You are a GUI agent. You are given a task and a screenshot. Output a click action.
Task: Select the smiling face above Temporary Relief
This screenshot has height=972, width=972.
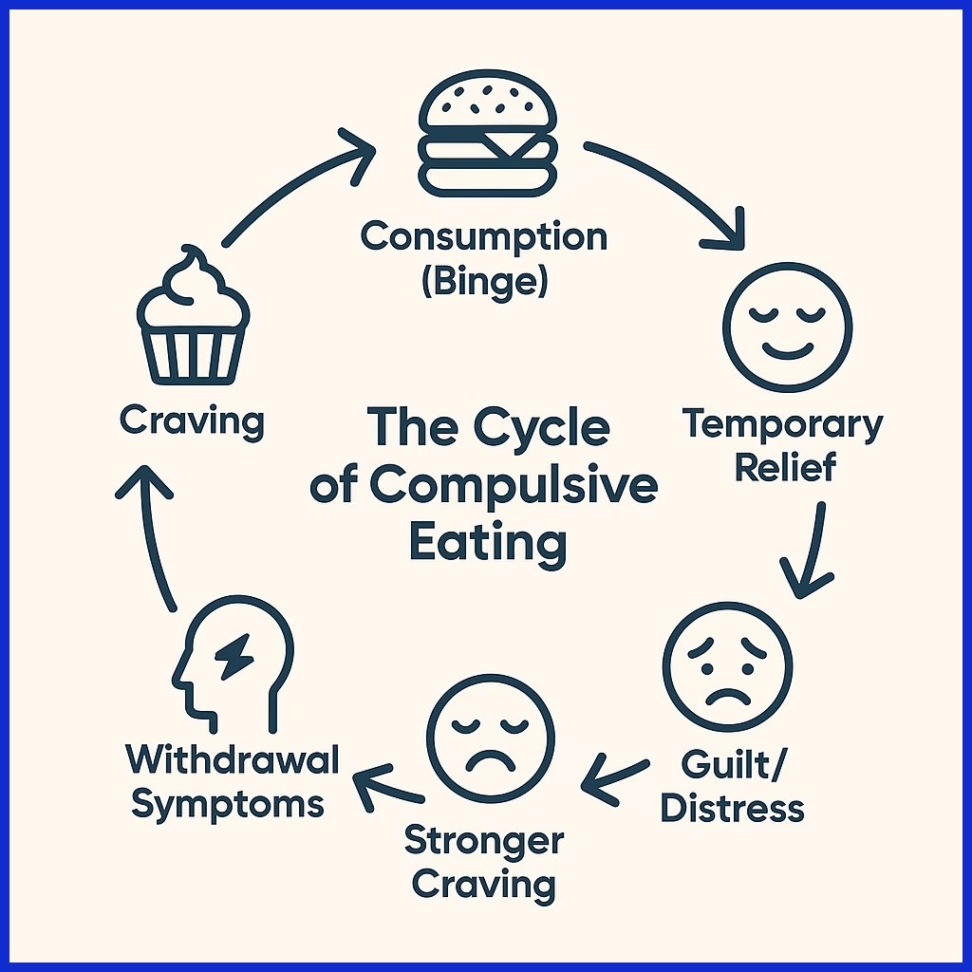787,327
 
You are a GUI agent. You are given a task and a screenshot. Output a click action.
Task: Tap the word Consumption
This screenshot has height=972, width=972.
484,236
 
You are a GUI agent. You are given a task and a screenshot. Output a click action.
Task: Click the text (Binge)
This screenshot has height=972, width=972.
484,282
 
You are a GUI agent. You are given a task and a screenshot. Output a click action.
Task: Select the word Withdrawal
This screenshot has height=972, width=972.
233,759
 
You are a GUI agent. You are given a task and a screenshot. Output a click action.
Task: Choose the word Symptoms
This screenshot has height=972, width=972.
228,804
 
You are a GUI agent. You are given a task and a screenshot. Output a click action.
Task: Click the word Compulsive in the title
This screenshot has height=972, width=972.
513,486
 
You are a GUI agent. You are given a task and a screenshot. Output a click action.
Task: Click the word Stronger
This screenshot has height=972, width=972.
484,840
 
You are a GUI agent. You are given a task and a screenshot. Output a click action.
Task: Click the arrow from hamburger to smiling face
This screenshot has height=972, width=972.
674,190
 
